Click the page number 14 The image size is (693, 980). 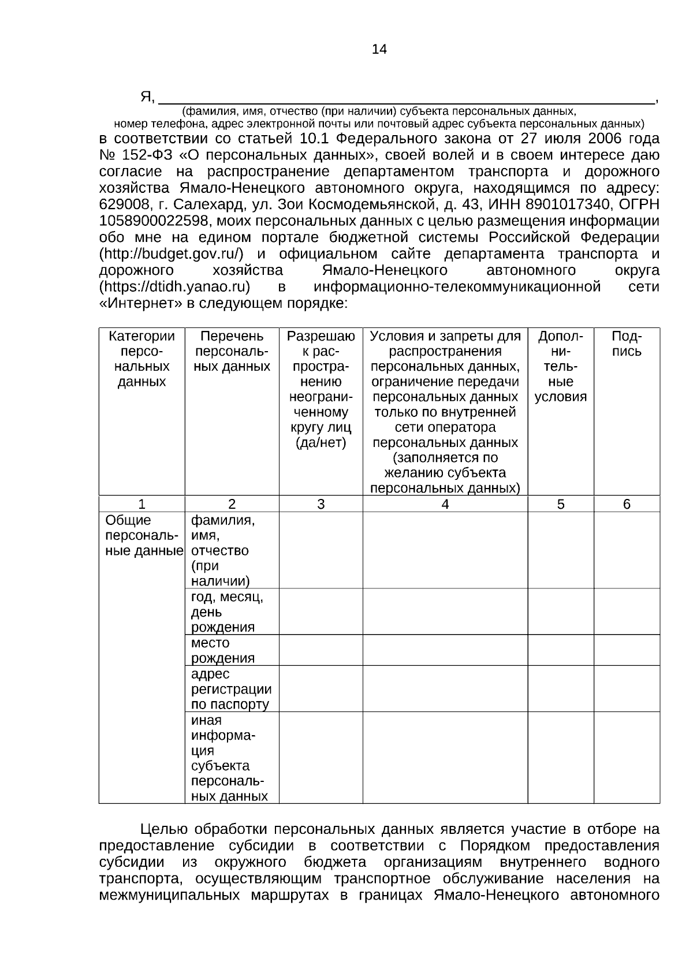(379, 50)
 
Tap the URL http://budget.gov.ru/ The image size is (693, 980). (172, 254)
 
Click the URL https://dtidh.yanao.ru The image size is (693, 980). (174, 287)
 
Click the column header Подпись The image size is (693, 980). (627, 344)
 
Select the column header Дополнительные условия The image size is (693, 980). (560, 366)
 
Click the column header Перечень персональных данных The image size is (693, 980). (232, 351)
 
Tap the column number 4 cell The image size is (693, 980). (445, 504)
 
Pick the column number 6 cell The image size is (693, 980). (627, 504)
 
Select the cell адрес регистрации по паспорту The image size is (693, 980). (231, 689)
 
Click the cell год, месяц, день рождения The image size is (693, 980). (227, 612)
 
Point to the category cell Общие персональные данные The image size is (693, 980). (141, 535)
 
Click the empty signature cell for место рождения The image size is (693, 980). (627, 650)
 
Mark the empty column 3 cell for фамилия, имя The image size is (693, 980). (321, 550)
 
